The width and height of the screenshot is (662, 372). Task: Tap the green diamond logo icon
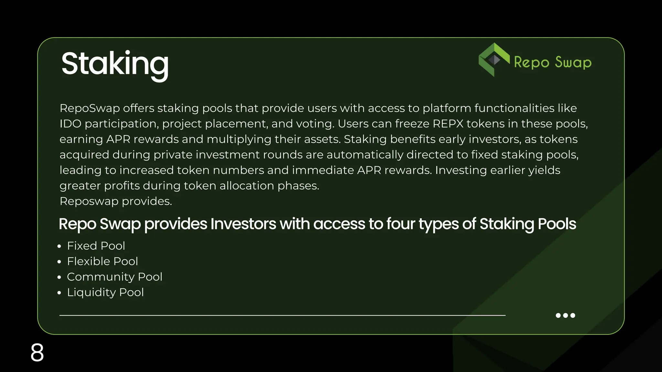(x=494, y=60)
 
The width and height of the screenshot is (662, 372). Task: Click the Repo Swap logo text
(x=553, y=62)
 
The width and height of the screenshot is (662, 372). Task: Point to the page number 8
(x=37, y=353)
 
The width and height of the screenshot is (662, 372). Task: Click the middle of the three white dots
(x=565, y=315)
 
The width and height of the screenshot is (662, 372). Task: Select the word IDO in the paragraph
(x=70, y=124)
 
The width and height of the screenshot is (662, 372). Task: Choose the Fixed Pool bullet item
(x=96, y=246)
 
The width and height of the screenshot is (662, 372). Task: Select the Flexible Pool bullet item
(x=102, y=261)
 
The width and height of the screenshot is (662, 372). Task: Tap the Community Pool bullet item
(x=114, y=277)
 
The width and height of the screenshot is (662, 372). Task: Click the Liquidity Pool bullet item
(x=105, y=292)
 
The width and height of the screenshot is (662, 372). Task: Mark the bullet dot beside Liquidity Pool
(x=59, y=293)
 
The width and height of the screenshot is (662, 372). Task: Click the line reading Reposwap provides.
(x=116, y=201)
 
